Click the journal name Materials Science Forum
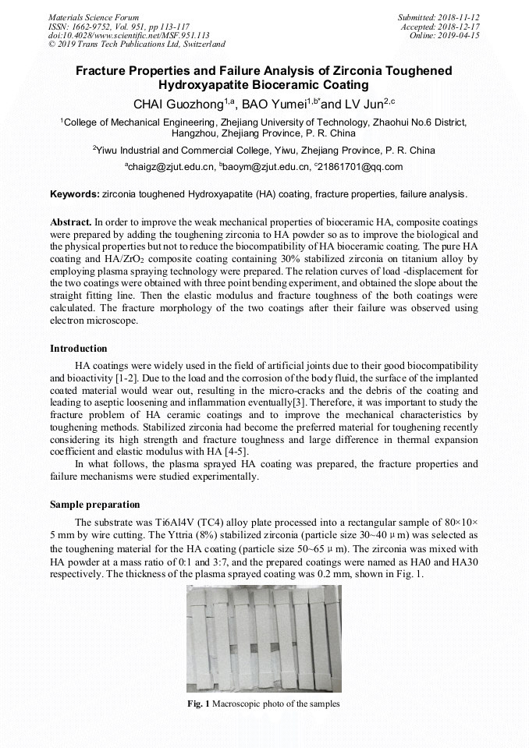coord(94,16)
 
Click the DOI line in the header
coord(129,35)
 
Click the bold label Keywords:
coord(75,193)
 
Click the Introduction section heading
coord(79,348)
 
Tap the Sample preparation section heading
coord(95,505)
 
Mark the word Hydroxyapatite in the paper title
coord(206,85)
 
